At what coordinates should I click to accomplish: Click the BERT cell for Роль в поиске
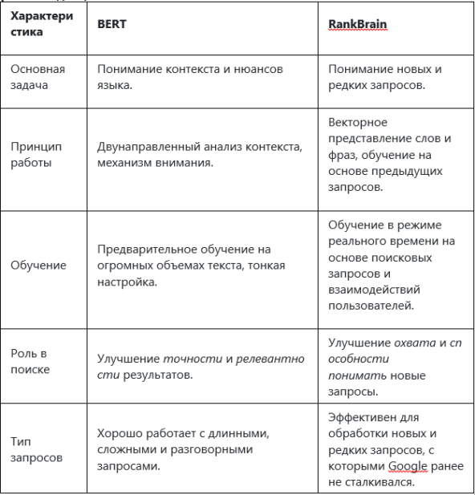[x=201, y=366]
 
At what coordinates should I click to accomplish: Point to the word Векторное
[x=358, y=122]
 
